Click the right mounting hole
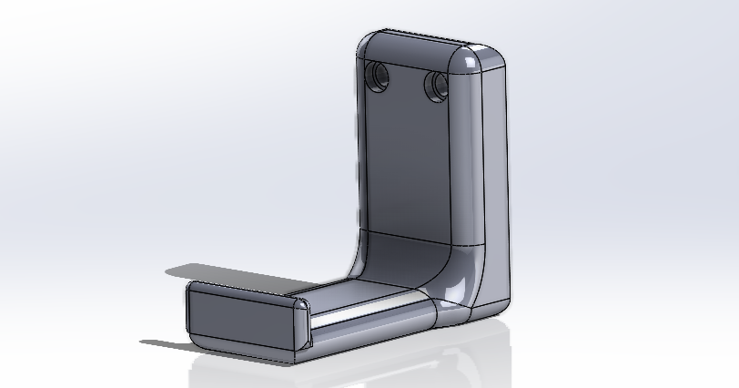[x=435, y=86]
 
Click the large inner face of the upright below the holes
[x=410, y=164]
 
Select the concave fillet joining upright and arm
[x=400, y=260]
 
